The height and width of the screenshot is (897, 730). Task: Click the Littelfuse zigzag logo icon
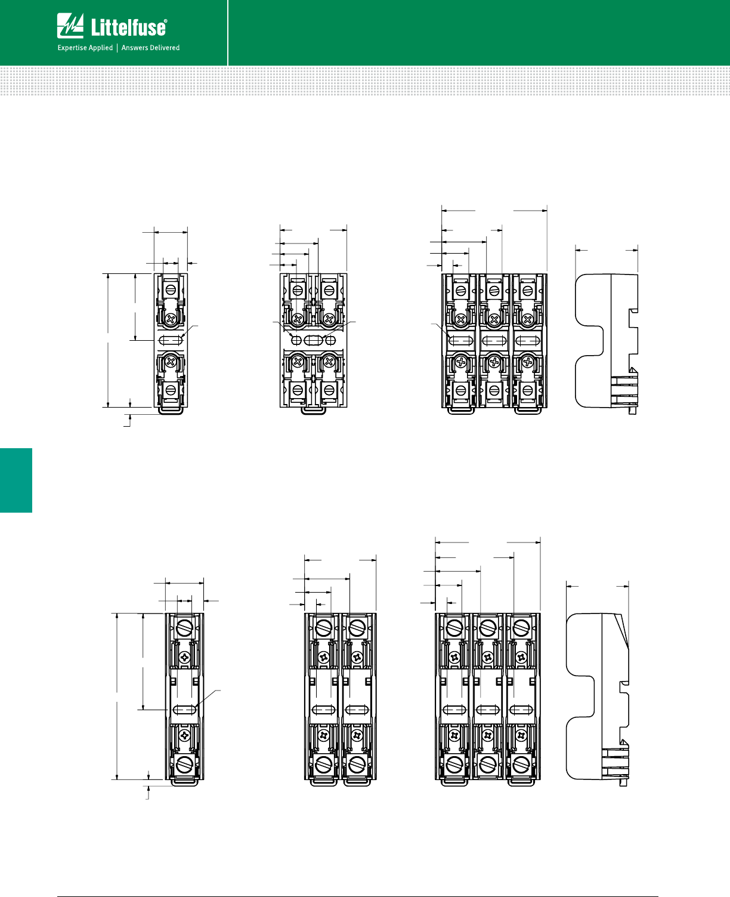pyautogui.click(x=70, y=26)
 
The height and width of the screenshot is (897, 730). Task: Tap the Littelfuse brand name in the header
pyautogui.click(x=129, y=27)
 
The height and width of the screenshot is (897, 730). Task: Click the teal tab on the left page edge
pyautogui.click(x=16, y=480)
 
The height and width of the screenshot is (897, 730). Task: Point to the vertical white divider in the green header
pyautogui.click(x=228, y=33)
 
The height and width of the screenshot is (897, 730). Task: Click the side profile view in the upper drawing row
pyautogui.click(x=607, y=344)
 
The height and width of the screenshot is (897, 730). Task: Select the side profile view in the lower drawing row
pyautogui.click(x=598, y=699)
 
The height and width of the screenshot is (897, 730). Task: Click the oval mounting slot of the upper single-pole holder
pyautogui.click(x=171, y=340)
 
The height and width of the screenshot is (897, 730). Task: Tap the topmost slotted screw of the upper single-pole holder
pyautogui.click(x=171, y=289)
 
